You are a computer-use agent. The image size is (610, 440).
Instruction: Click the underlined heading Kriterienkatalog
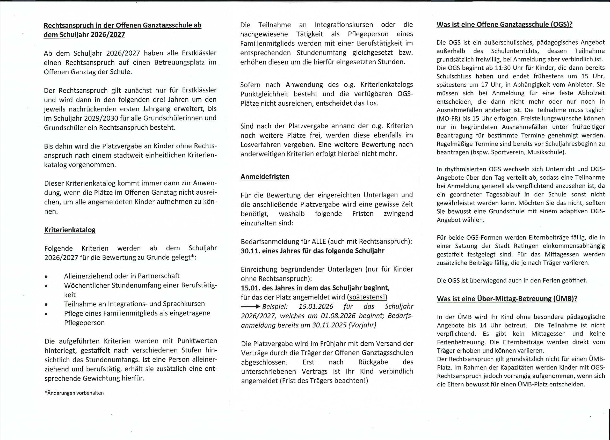point(70,230)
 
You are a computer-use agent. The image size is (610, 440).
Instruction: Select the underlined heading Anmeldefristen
point(265,177)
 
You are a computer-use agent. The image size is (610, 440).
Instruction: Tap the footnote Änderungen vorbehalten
point(74,393)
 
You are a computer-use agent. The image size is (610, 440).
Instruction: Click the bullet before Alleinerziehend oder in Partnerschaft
point(46,276)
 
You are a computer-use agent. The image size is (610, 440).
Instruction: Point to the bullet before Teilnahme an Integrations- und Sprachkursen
point(46,304)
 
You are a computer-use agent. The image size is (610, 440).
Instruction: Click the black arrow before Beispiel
point(250,307)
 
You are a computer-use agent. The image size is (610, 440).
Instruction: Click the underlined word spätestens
point(367,297)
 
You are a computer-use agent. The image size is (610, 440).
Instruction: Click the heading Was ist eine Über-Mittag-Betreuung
point(507,299)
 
